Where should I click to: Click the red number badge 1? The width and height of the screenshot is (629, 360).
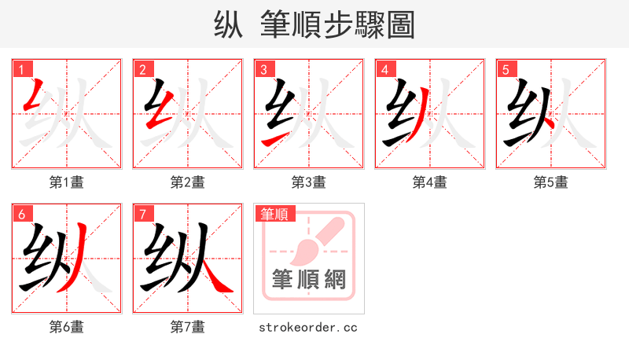(x=21, y=69)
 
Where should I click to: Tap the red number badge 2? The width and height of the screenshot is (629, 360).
(x=142, y=69)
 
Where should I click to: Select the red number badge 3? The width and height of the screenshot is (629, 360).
(x=263, y=69)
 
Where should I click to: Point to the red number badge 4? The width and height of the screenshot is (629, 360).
(x=384, y=69)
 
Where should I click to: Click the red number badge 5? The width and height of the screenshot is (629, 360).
(x=506, y=69)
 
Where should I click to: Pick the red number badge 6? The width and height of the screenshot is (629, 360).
(x=21, y=214)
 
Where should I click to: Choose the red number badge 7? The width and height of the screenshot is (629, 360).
(x=142, y=214)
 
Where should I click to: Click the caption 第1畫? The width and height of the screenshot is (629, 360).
(x=67, y=182)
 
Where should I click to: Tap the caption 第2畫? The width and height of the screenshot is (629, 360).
(x=188, y=182)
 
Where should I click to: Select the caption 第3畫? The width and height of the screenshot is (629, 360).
(x=309, y=182)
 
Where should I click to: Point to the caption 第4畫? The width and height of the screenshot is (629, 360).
(x=430, y=182)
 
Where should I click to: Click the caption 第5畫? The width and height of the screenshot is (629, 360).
(x=551, y=182)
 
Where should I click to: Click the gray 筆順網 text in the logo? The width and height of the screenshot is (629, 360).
(x=309, y=280)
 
